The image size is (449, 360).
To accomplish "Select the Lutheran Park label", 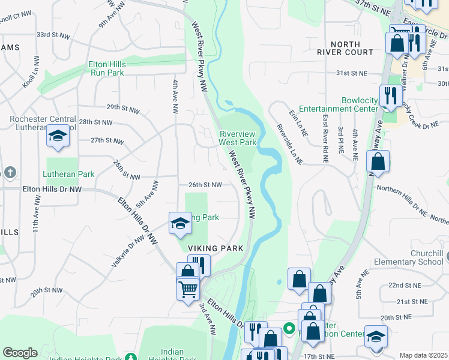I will pos(68,174).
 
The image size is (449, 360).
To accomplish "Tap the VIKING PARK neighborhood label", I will pos(215,248).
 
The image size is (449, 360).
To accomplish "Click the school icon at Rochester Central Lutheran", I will pos(58,137).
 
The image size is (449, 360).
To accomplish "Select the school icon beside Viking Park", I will pos(180,223).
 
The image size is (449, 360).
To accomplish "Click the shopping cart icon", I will pos(188,289).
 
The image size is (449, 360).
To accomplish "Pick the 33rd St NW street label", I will pos(52,35).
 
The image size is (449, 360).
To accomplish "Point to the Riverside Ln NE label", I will pos(289,144).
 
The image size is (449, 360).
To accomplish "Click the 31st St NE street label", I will pos(351,73).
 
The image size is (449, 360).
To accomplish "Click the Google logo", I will pos(20,353).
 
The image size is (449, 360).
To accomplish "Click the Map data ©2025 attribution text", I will pos(423,355).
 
